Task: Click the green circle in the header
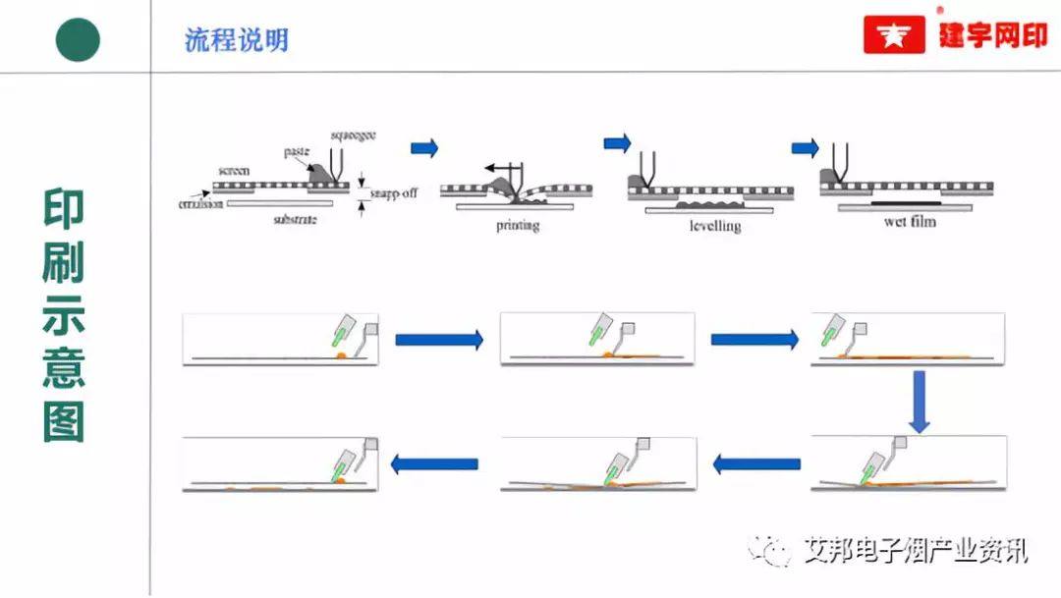[77, 39]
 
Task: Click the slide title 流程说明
[236, 40]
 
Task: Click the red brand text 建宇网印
[992, 36]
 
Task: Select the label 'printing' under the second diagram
[518, 226]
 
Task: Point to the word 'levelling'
[714, 226]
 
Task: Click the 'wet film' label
[910, 222]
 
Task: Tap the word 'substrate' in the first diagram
[295, 220]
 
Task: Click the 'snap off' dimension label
[395, 192]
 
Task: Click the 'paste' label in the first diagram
[298, 151]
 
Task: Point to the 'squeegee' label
[355, 134]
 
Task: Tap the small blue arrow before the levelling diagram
[617, 143]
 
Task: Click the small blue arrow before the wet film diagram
[806, 148]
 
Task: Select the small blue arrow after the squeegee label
[424, 148]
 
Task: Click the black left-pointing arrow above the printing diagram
[505, 168]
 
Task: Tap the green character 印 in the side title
[64, 208]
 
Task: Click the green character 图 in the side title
[64, 421]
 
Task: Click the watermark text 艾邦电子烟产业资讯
[915, 550]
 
